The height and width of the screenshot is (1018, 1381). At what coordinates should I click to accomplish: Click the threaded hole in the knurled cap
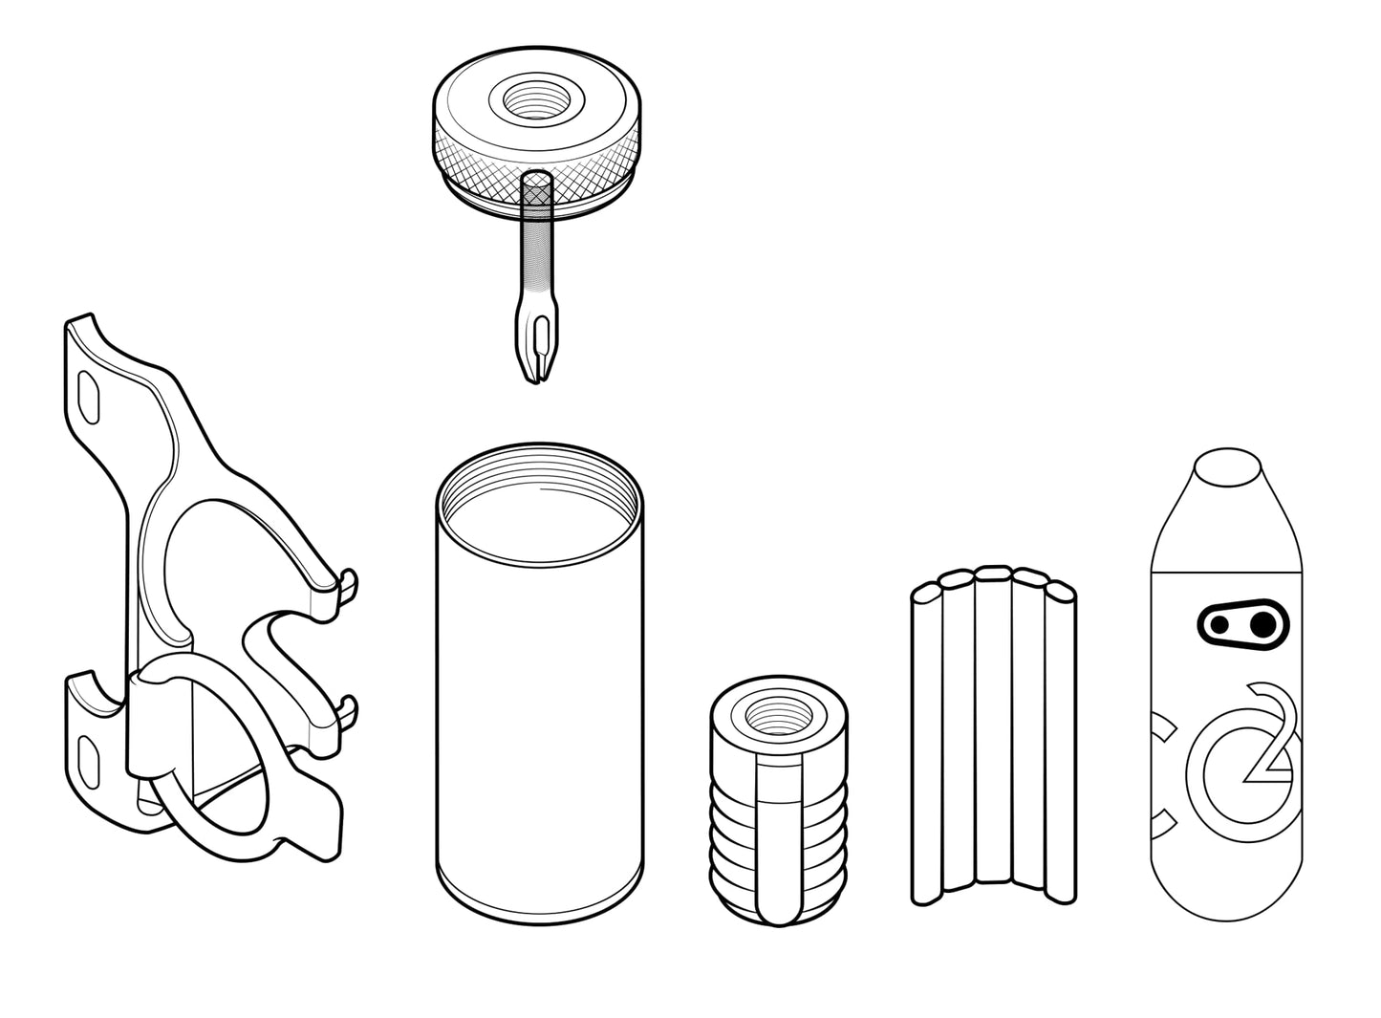pos(535,100)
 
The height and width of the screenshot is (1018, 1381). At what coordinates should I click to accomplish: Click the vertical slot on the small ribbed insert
pos(779,838)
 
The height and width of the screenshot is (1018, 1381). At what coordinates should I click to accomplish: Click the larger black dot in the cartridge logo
pos(1262,625)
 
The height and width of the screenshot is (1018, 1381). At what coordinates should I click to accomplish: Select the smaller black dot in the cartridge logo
pos(1219,624)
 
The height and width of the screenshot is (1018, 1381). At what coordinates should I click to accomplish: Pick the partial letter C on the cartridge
pos(1161,776)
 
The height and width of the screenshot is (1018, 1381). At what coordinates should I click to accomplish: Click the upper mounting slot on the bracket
pos(90,397)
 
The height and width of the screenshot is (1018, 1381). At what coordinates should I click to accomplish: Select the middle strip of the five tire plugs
pos(993,725)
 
